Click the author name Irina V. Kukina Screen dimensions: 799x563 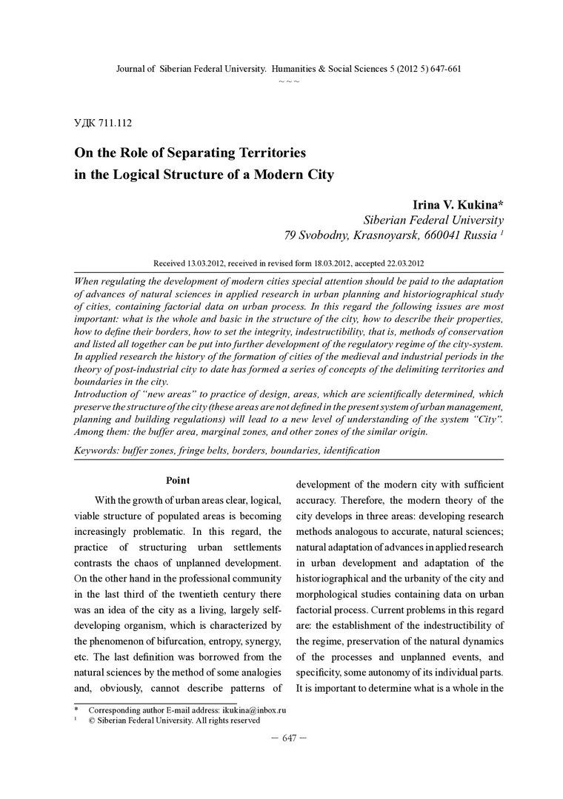[x=453, y=204]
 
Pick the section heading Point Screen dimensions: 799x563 [x=178, y=481]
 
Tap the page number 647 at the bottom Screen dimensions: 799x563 [x=289, y=738]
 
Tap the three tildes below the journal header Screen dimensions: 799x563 [x=288, y=81]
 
